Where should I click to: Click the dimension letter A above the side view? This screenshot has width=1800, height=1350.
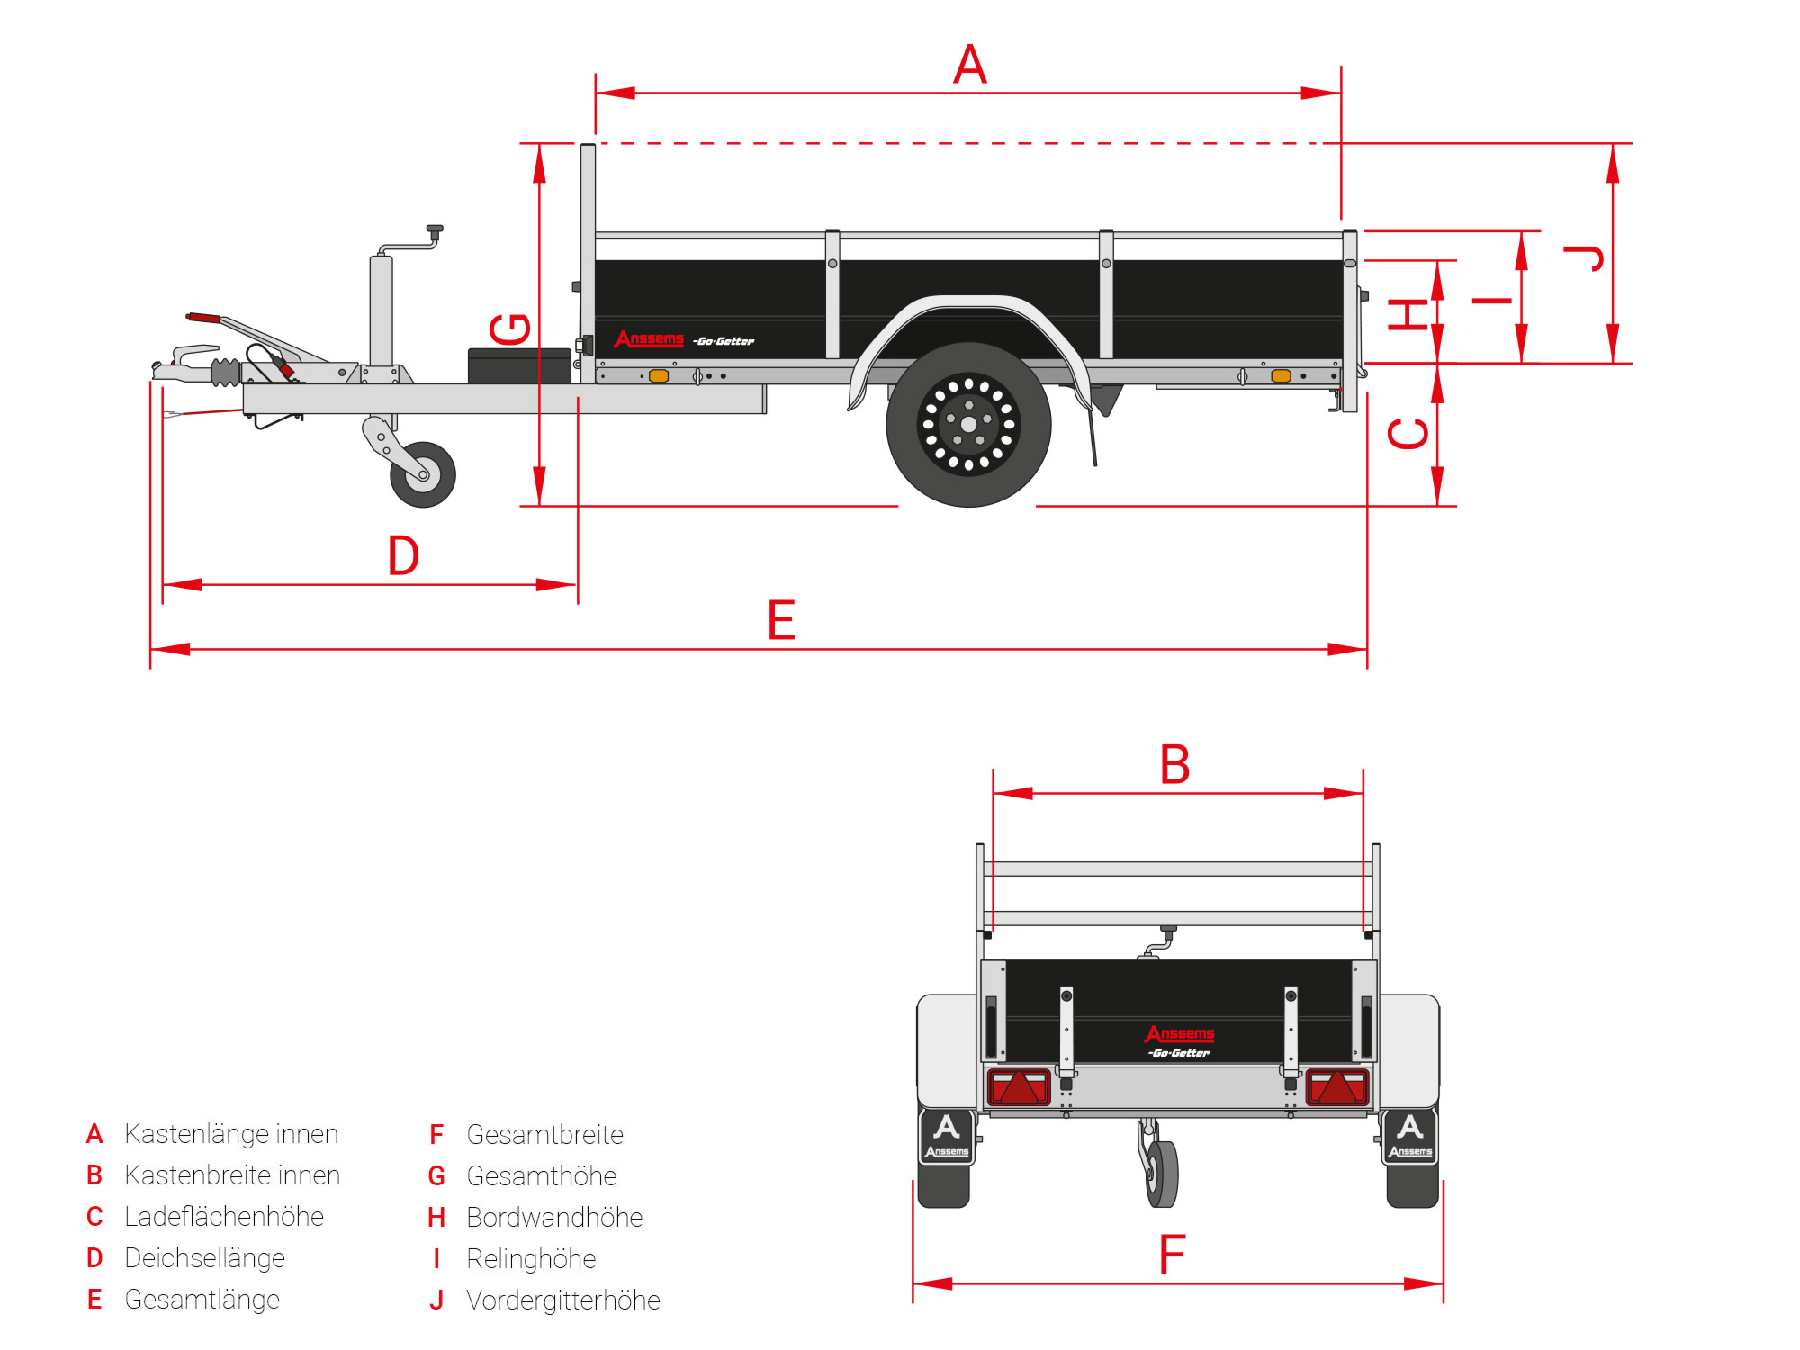tap(969, 65)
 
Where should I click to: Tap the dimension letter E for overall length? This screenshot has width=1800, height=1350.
tap(781, 620)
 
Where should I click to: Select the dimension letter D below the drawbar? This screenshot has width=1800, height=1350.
tap(403, 555)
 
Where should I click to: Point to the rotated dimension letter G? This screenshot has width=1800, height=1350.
tap(510, 328)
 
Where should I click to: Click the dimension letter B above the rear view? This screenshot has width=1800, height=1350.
tap(1174, 765)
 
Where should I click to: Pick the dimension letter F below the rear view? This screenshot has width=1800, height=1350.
tap(1172, 1255)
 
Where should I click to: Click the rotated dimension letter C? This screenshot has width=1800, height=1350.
tap(1408, 433)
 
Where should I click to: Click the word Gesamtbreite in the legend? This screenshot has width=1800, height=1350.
tap(544, 1134)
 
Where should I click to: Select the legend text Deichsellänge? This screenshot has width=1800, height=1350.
tap(204, 1257)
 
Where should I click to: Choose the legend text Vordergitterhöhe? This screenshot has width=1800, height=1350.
tap(562, 1300)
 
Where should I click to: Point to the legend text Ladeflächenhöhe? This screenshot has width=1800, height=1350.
tap(223, 1216)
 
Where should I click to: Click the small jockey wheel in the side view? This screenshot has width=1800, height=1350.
tap(422, 474)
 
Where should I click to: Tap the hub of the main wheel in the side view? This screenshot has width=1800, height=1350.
tap(968, 424)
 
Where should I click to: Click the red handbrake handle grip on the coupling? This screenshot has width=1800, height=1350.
tap(204, 318)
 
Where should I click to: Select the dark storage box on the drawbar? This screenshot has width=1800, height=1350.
tap(519, 365)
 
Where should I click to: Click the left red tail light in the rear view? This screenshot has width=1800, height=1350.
tap(1019, 1086)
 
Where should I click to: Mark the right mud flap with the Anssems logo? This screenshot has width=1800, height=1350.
tap(1409, 1138)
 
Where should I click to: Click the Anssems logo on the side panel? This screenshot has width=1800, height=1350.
tap(649, 338)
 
